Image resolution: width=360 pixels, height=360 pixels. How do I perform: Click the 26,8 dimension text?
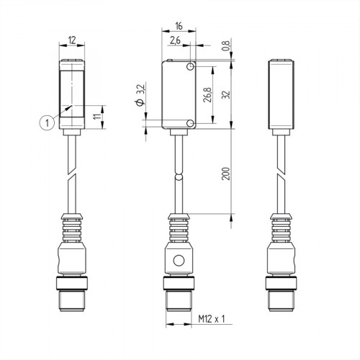pos(207,96)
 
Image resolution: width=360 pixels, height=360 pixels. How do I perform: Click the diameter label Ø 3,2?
pos(141,96)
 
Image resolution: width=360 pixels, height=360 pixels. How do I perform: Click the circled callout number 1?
pos(47,123)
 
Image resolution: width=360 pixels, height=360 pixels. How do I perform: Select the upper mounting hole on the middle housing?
pos(189,68)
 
